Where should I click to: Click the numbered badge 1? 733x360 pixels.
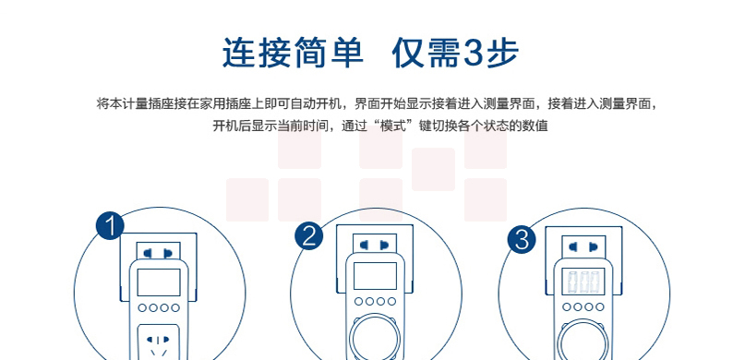coord(110,226)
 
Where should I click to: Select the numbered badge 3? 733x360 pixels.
coord(522,239)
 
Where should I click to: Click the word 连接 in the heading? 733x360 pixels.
coord(257,53)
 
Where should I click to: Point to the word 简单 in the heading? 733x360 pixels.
coord(328,53)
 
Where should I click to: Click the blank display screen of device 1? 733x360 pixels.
coord(159,282)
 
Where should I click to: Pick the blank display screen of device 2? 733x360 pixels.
coord(375,276)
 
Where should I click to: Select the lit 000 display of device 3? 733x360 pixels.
coord(583,282)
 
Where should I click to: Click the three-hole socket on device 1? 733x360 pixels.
coord(159,343)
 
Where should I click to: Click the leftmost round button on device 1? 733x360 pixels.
coord(142,307)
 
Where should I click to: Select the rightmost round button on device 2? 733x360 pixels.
coord(391,302)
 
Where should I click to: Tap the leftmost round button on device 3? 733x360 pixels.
coord(567,307)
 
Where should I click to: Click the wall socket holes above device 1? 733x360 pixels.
coord(159,254)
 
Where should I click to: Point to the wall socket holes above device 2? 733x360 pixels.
coord(375,245)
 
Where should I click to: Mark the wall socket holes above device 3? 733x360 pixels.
coord(583,246)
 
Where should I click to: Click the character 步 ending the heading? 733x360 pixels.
coord(502,53)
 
